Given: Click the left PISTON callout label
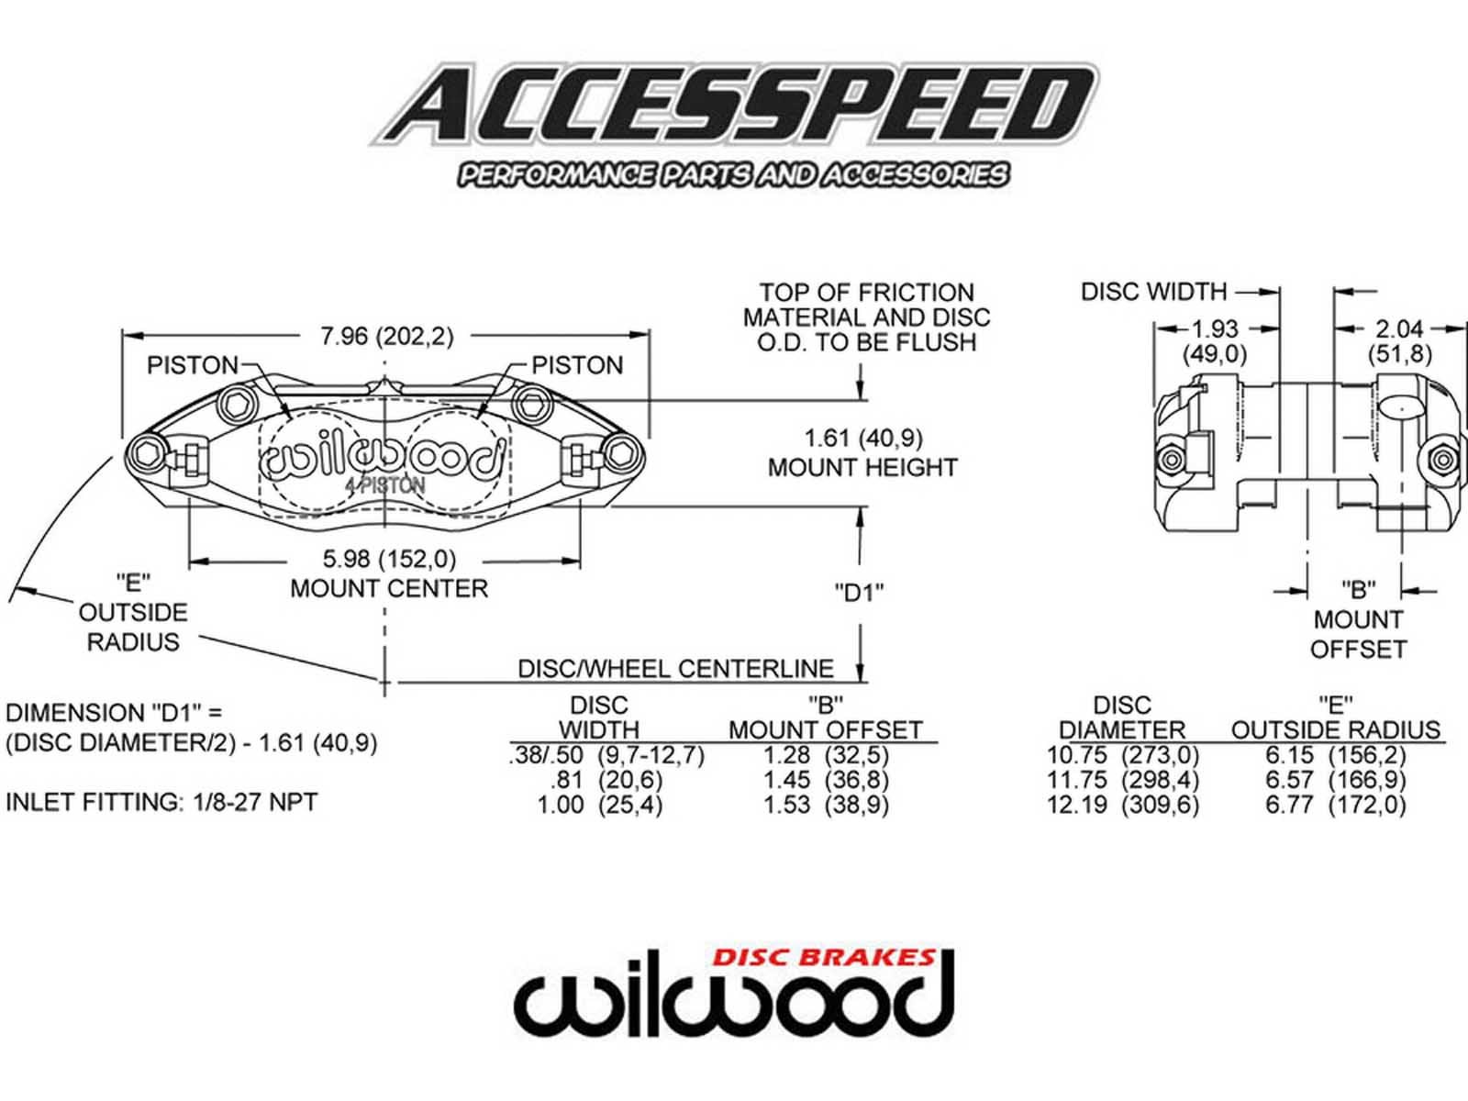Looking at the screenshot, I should [x=193, y=365].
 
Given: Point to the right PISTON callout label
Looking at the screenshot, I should [x=577, y=365].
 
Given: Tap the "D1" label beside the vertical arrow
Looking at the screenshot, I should [x=859, y=593].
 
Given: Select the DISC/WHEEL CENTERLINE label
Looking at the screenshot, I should [x=675, y=668].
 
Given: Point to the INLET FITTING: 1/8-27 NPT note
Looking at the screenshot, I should [x=161, y=802].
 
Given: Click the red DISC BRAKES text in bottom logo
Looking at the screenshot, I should [x=824, y=958].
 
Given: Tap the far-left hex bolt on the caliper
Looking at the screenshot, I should [x=147, y=451].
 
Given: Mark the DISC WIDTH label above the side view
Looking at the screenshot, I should [x=1153, y=292].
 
